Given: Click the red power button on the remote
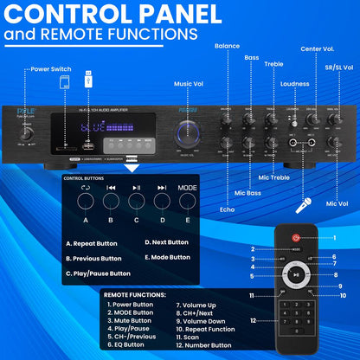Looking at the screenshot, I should tap(297, 237).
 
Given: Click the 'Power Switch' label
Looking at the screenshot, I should tap(50, 67).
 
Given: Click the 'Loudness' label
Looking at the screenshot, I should tap(295, 85).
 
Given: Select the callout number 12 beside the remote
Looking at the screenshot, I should tap(253, 321).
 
